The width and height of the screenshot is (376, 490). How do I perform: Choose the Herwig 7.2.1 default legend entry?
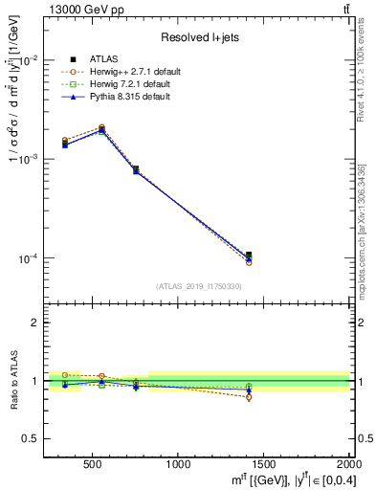point(122,84)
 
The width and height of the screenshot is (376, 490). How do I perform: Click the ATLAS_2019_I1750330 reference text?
point(197,286)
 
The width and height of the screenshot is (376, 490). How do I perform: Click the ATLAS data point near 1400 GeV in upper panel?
point(249,255)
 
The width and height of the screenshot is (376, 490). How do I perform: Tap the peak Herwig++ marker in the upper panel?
point(101,127)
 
